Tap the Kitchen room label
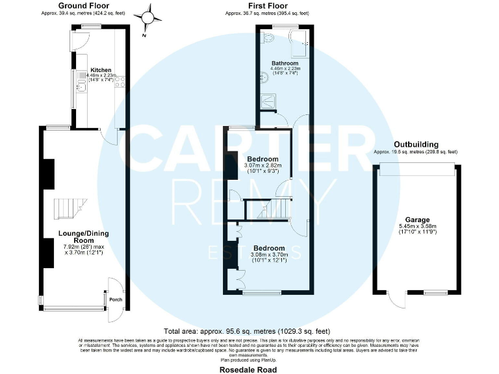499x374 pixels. [x=101, y=69]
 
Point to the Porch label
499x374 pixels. [x=116, y=299]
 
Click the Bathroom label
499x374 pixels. [x=285, y=63]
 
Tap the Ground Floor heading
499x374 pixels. [x=84, y=5]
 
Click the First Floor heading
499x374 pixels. [x=268, y=5]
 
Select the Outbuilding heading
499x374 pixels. [x=416, y=144]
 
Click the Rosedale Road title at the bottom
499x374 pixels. [x=249, y=369]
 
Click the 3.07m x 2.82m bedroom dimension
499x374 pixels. [x=262, y=166]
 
